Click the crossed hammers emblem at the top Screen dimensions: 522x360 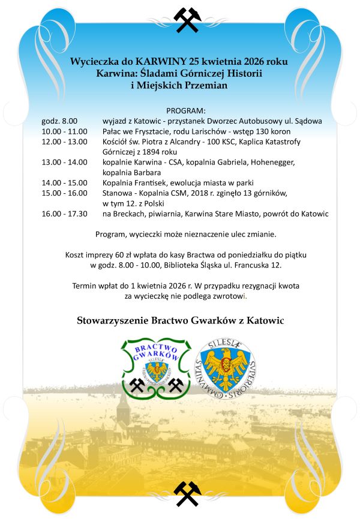pyautogui.click(x=187, y=20)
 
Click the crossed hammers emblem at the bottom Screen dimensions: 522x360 pyautogui.click(x=187, y=493)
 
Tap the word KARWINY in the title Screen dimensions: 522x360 pyautogui.click(x=161, y=61)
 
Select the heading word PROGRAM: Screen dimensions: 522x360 pyautogui.click(x=186, y=111)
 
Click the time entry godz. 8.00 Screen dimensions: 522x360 pyautogui.click(x=59, y=121)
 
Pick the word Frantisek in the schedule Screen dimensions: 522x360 pyautogui.click(x=155, y=182)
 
